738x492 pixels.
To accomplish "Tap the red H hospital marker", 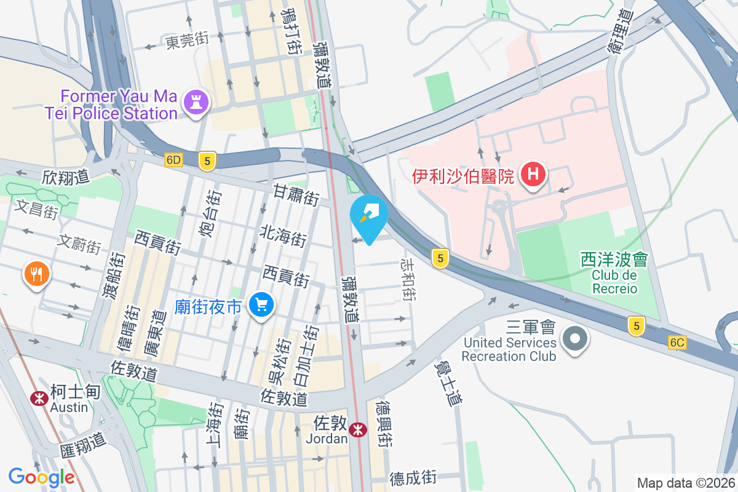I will click(x=533, y=175).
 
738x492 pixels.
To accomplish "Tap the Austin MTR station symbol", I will click(x=39, y=399).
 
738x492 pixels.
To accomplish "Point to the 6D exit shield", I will click(x=174, y=160).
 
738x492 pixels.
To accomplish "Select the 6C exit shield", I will click(x=678, y=343).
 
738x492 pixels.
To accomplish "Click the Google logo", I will click(x=42, y=477).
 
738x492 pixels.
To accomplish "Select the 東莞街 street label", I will click(x=187, y=41).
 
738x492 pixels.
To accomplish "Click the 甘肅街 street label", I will click(x=296, y=196).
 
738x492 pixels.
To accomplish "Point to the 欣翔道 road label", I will click(x=66, y=178).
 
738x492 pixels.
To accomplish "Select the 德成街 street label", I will click(x=413, y=477).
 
